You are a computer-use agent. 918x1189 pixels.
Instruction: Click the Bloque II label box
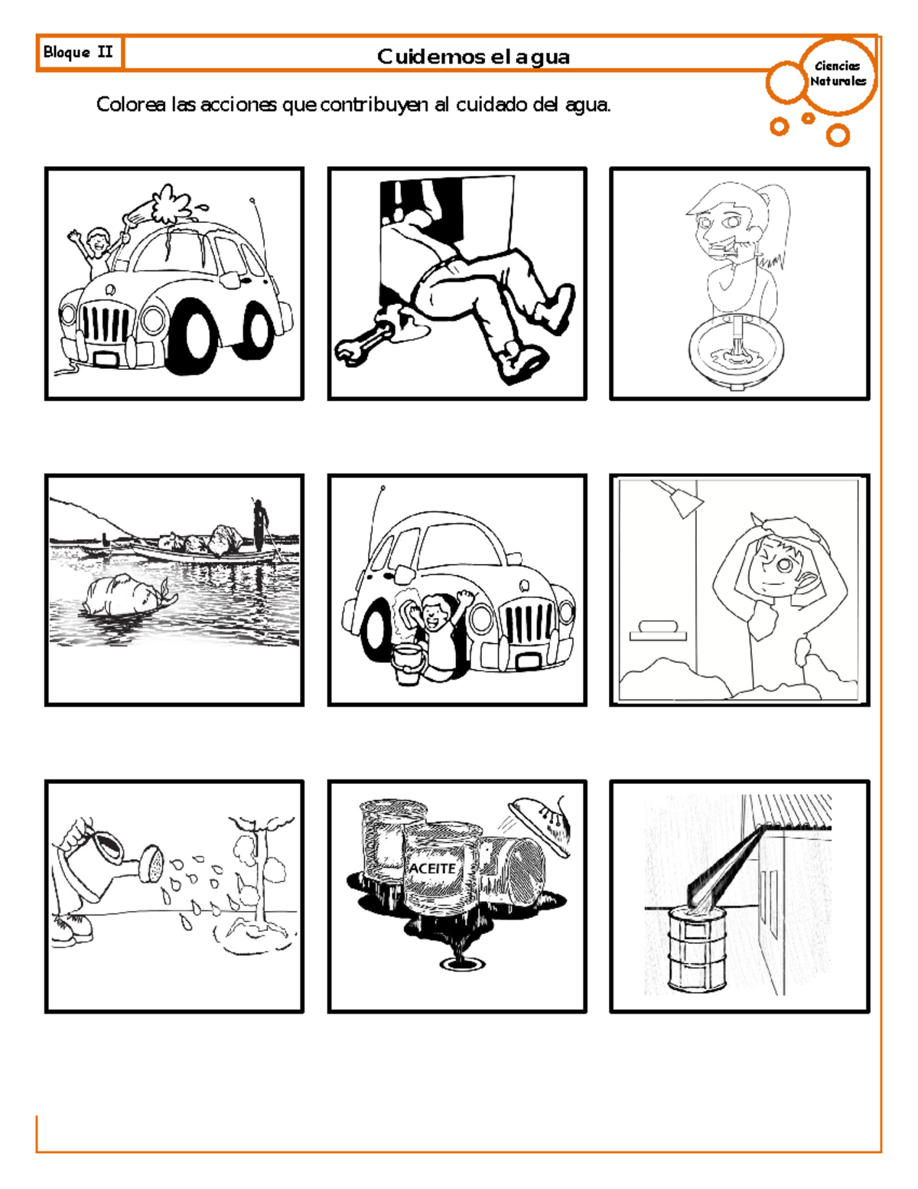(79, 53)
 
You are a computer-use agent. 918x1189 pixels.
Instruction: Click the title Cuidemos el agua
(473, 57)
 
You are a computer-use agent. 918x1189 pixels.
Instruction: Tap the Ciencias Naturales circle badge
(838, 74)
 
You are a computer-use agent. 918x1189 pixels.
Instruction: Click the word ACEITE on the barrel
(432, 869)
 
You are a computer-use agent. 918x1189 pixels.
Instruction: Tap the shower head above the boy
(679, 498)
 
